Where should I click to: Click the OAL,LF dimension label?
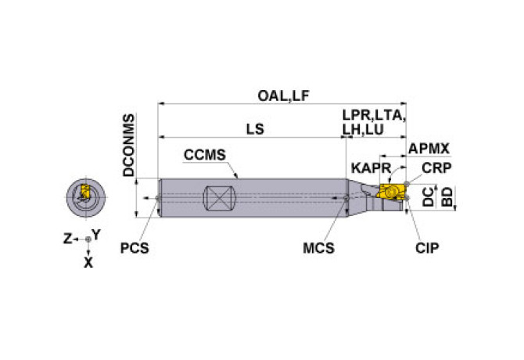pos(283,96)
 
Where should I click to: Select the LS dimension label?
pos(255,129)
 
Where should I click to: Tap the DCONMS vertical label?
pos(129,145)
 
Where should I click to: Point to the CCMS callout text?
pos(205,155)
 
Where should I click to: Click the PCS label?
pos(135,248)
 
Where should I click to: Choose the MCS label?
pos(318,248)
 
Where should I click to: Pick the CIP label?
pos(427,248)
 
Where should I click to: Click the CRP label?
pos(436,168)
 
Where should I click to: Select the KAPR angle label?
pos(371,168)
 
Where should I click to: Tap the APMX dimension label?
pos(429,149)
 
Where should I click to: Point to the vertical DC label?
pos(428,196)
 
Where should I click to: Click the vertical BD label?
pos(447,197)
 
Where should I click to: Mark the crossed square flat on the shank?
pos(220,199)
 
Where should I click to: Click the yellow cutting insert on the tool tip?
pos(389,192)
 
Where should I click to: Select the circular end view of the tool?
pos(86,197)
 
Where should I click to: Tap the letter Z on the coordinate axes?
pos(68,239)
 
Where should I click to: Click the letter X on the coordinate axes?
pos(88,263)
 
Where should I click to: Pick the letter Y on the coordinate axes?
pos(96,235)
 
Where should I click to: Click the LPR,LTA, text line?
pos(374,115)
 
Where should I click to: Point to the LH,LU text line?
pos(363,130)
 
